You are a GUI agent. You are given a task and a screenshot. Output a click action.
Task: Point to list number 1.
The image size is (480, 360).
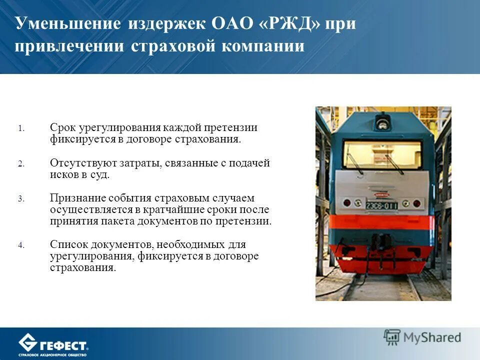click(21, 128)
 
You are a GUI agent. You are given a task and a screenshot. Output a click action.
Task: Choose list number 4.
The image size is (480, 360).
click(21, 245)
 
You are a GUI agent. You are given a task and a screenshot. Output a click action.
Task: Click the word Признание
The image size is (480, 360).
click(74, 198)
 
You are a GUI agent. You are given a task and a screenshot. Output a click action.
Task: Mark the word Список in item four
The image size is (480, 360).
click(66, 244)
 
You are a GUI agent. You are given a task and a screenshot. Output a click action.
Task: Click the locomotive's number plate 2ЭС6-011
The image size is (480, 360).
click(382, 205)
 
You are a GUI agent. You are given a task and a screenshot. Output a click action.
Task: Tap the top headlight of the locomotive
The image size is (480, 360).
click(383, 120)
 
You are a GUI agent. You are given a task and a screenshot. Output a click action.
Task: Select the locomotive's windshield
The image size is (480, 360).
click(382, 154)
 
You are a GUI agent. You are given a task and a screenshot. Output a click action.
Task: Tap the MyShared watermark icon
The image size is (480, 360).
click(392, 337)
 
